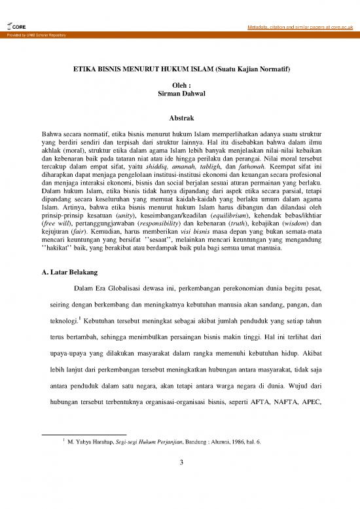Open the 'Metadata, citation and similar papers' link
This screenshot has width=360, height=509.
(295, 26)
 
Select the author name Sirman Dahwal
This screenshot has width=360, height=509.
(179, 95)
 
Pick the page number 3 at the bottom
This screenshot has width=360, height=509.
(179, 464)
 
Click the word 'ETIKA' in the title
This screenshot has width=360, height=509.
(84, 68)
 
